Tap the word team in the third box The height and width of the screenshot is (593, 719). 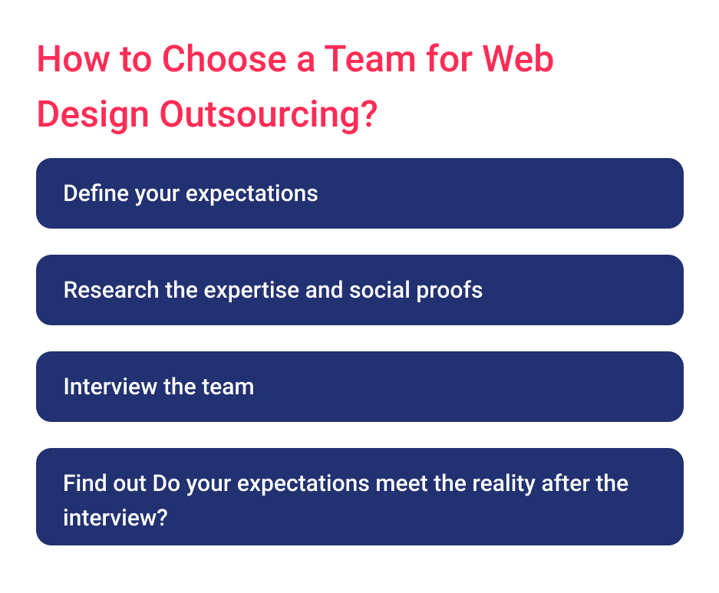pyautogui.click(x=229, y=387)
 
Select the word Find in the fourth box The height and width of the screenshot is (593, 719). pyautogui.click(x=81, y=484)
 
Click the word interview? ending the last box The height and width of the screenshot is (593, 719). pyautogui.click(x=115, y=517)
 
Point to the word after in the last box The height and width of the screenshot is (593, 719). pyautogui.click(x=569, y=484)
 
